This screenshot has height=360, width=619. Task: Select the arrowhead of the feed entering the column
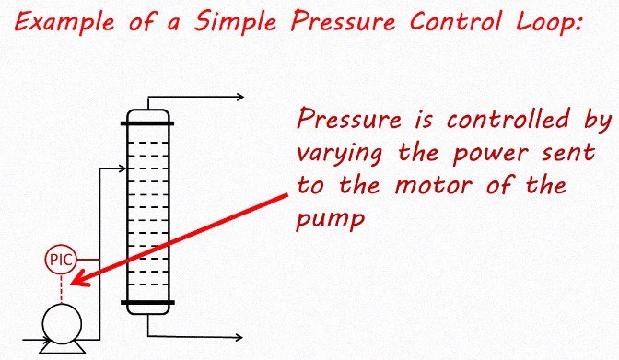tap(120, 168)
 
